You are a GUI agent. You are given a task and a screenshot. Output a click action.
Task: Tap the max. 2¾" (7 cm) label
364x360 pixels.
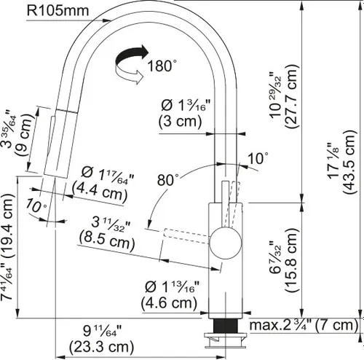(302, 324)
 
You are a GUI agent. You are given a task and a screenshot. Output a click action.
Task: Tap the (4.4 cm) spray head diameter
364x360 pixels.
(103, 192)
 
